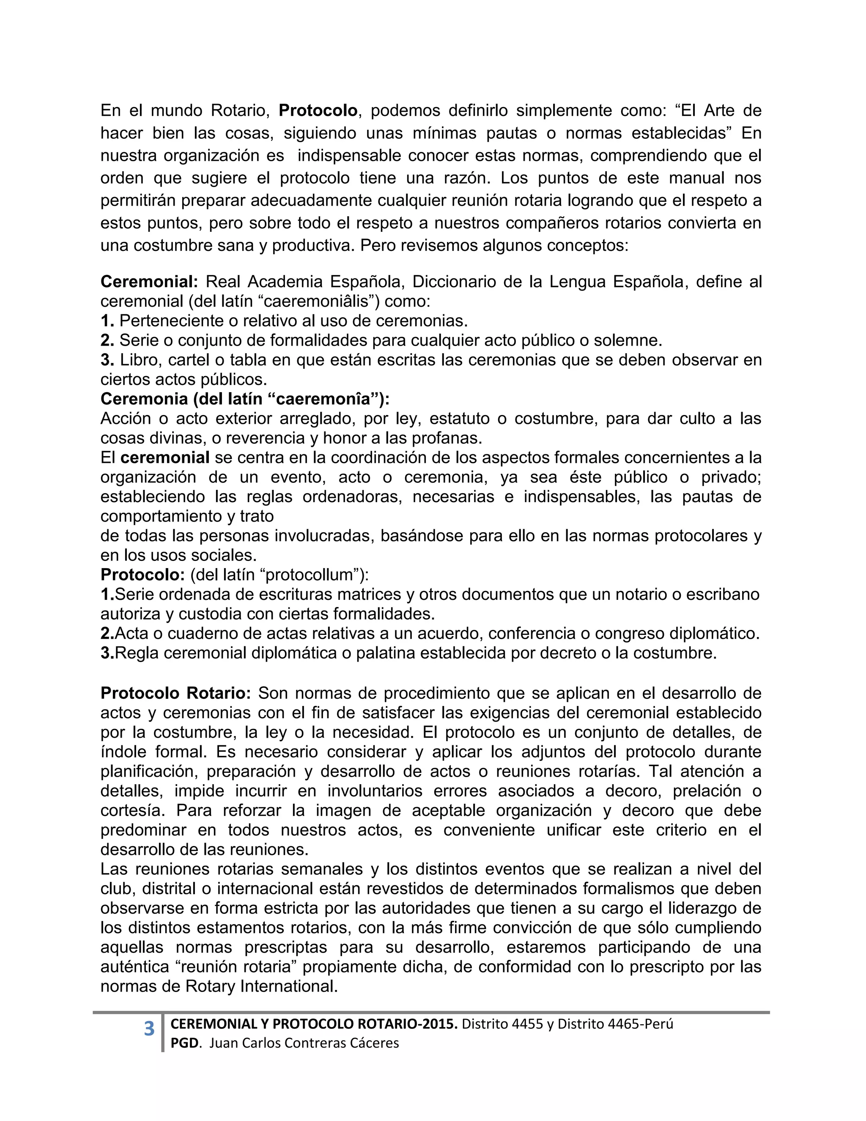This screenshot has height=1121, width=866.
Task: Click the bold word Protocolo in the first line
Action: coord(318,110)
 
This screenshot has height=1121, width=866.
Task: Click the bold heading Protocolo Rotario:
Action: coord(175,693)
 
